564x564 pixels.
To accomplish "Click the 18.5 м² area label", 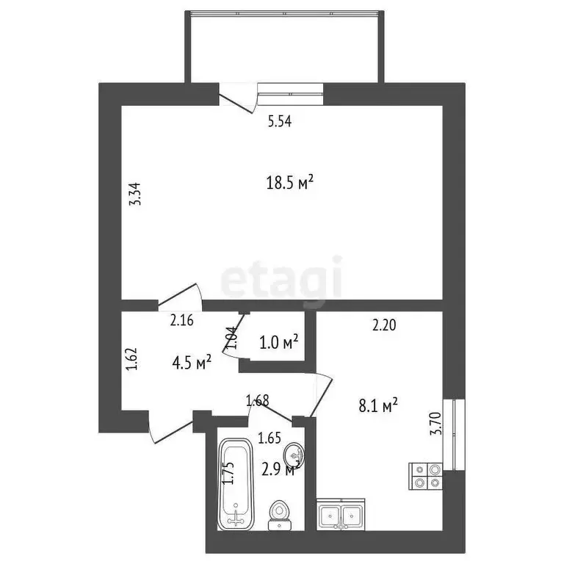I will coord(290,182).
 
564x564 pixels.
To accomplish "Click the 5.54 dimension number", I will coord(280,123).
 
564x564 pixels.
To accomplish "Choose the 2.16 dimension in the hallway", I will coord(181,319).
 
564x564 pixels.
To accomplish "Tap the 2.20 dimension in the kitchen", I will coord(384,328).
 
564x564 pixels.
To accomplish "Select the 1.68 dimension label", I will coord(258,400).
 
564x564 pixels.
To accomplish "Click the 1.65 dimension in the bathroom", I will coord(270,440).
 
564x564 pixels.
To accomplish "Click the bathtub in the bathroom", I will coord(235,484).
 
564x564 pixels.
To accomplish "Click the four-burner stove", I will coord(426,476).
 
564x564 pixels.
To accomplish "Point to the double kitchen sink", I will coord(341,514).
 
